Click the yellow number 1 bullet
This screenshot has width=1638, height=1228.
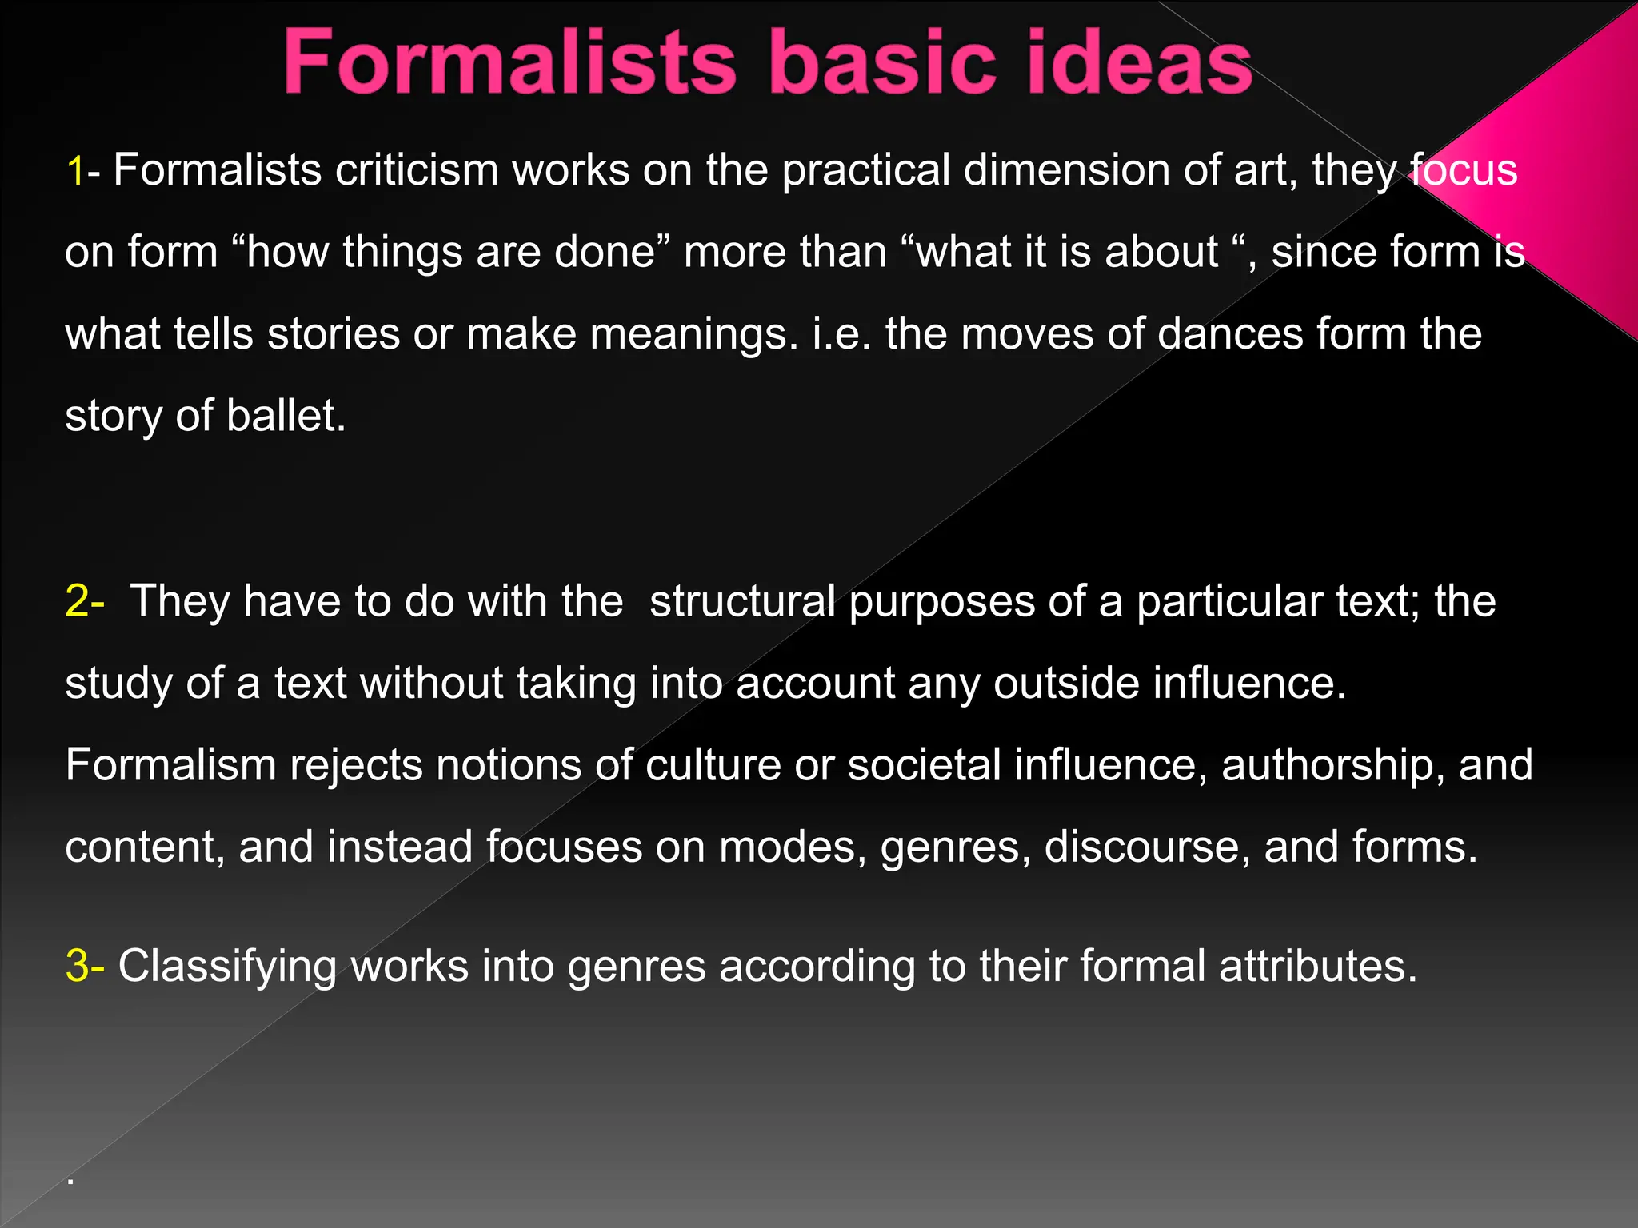click(75, 171)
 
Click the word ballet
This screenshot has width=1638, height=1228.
click(286, 416)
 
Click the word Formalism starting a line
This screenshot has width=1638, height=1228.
click(170, 765)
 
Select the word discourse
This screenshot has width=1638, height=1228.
click(1147, 847)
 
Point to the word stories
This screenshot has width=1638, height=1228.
click(333, 333)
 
